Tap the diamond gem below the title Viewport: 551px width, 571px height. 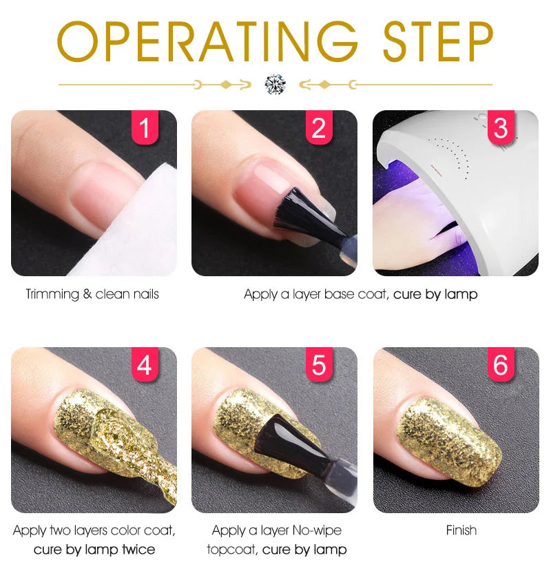[275, 85]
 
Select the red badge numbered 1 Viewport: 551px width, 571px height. [144, 128]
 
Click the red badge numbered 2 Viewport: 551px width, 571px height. [318, 128]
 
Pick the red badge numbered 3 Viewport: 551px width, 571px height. [501, 128]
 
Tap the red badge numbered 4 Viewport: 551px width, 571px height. [144, 365]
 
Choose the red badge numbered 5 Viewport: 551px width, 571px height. [318, 365]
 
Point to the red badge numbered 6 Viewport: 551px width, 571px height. [501, 365]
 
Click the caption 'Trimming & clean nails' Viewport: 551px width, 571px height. [92, 294]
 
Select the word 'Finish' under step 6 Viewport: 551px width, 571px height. [461, 530]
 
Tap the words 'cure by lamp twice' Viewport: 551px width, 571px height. [94, 550]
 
